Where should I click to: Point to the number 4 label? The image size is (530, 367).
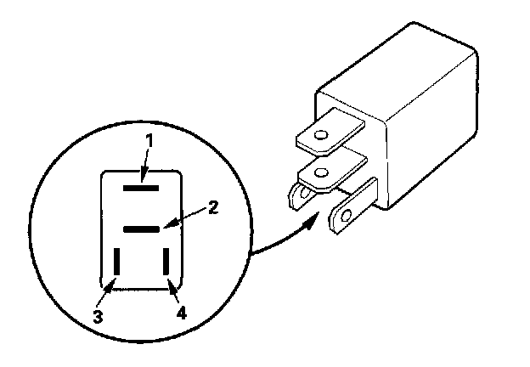[x=180, y=311]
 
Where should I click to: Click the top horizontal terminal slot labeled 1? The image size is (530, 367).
[x=140, y=181]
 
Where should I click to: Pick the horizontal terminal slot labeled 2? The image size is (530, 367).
[x=140, y=229]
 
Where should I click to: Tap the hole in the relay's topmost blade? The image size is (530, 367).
[x=321, y=135]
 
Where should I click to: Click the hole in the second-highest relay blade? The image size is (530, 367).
[x=321, y=173]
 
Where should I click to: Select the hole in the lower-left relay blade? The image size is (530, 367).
[x=295, y=199]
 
